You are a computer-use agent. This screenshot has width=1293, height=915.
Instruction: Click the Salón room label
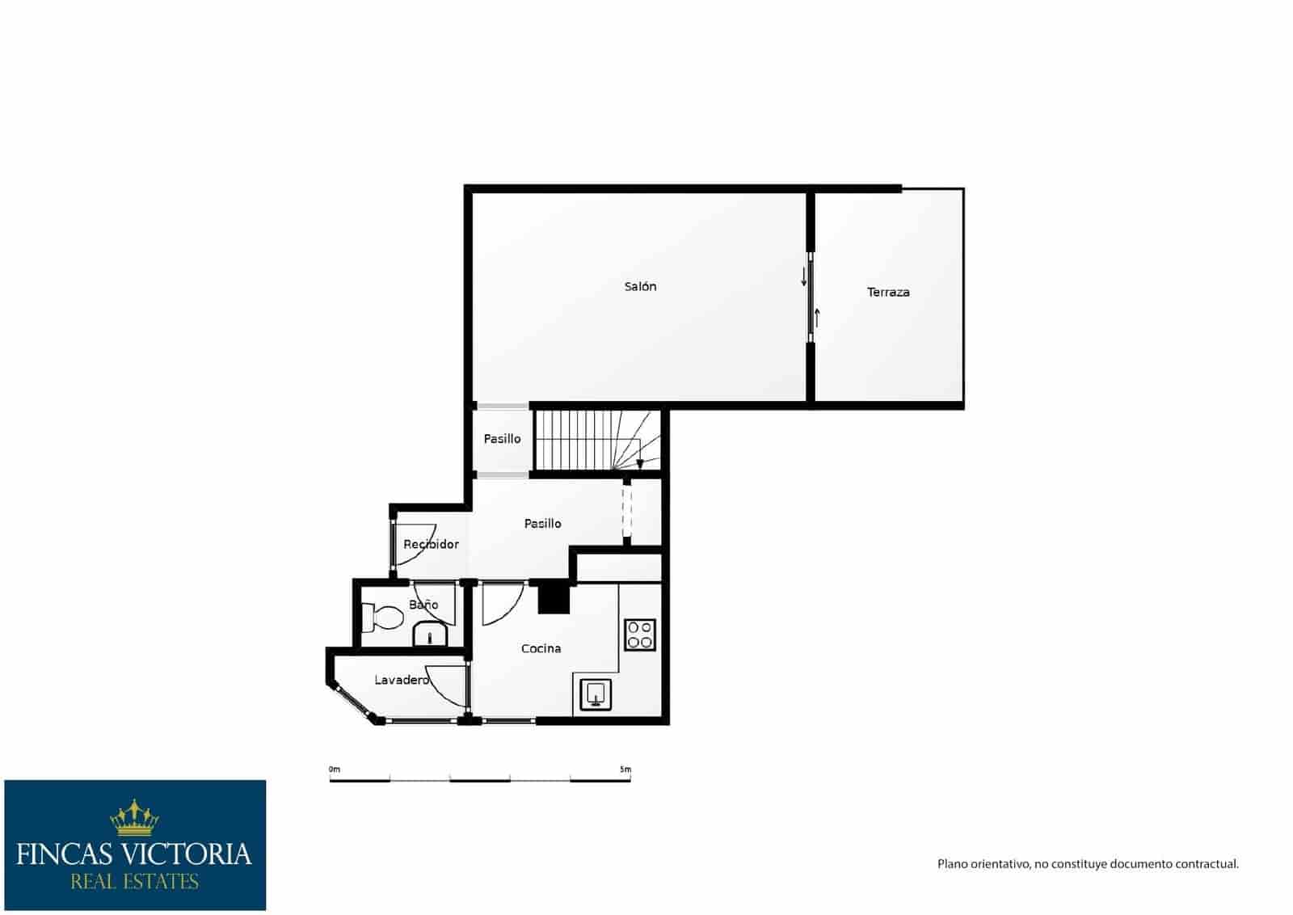tap(640, 286)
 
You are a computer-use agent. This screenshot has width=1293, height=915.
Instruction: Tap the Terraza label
tap(888, 292)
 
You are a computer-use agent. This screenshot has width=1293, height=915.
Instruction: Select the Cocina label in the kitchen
tap(541, 648)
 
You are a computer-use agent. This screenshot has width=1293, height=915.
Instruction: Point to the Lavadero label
tap(402, 680)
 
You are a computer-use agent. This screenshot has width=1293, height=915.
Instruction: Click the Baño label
tap(423, 605)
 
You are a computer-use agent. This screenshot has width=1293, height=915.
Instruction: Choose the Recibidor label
tap(431, 544)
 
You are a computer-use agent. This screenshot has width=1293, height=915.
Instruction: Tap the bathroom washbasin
tap(432, 635)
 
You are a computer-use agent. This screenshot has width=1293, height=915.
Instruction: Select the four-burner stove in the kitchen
tap(640, 635)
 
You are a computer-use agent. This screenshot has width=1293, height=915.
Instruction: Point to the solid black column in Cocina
tap(554, 598)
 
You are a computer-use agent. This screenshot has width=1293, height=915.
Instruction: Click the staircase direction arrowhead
tap(640, 464)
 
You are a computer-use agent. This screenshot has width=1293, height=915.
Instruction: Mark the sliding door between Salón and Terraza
tap(811, 298)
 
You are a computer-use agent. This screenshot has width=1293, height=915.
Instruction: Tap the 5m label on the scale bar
tap(625, 770)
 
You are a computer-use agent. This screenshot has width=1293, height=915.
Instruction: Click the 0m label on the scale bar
tap(335, 770)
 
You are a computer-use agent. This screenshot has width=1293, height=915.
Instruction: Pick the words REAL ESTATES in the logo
tap(134, 881)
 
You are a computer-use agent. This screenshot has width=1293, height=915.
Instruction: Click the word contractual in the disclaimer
tap(1209, 864)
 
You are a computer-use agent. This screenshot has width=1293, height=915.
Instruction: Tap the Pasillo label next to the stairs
tap(502, 439)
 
